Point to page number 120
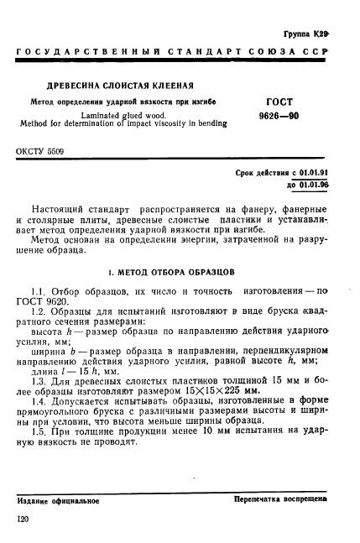coord(23,520)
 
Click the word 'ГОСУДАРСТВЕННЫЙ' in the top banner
coord(76,55)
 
